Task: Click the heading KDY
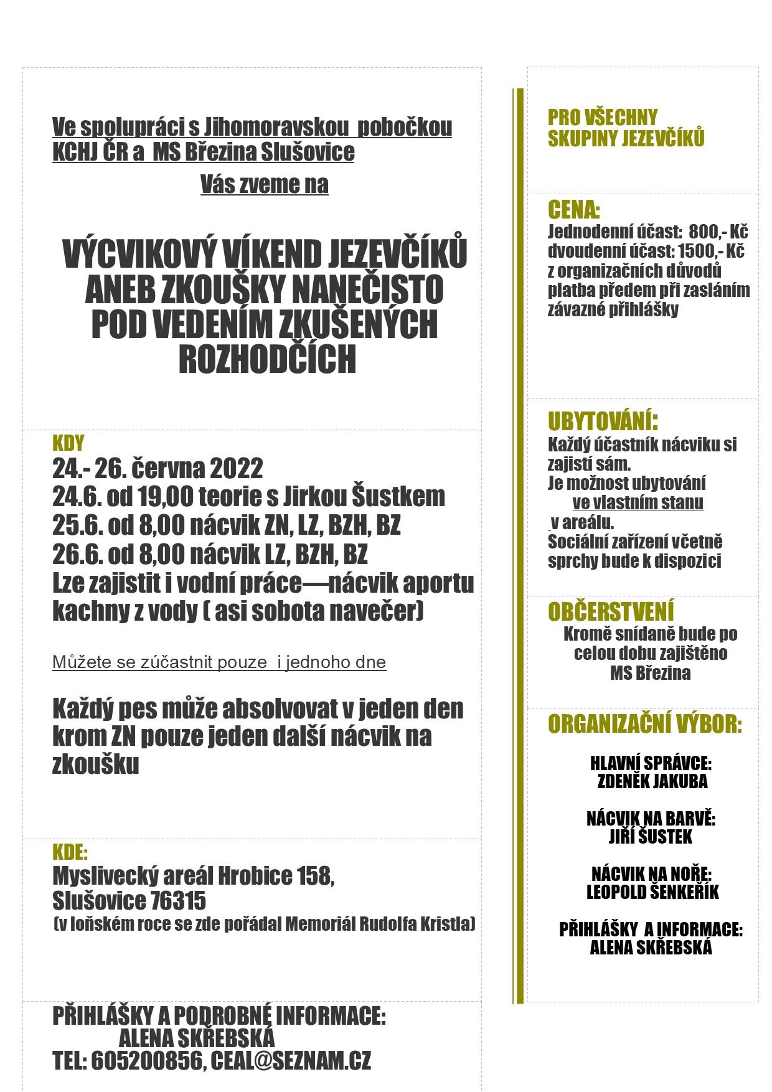pyautogui.click(x=68, y=443)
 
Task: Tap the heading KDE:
pyautogui.click(x=70, y=852)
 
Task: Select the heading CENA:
pyautogui.click(x=573, y=210)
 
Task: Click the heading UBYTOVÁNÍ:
pyautogui.click(x=603, y=421)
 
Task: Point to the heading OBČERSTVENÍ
pyautogui.click(x=611, y=612)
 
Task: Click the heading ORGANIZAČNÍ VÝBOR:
pyautogui.click(x=645, y=725)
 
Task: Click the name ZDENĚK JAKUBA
pyautogui.click(x=652, y=781)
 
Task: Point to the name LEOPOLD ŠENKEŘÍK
pyautogui.click(x=652, y=892)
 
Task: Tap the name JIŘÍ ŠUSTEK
pyautogui.click(x=650, y=837)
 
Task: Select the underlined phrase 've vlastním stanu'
pyautogui.click(x=638, y=502)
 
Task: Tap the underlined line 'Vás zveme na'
pyautogui.click(x=264, y=184)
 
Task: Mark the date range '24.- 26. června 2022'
pyautogui.click(x=158, y=468)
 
